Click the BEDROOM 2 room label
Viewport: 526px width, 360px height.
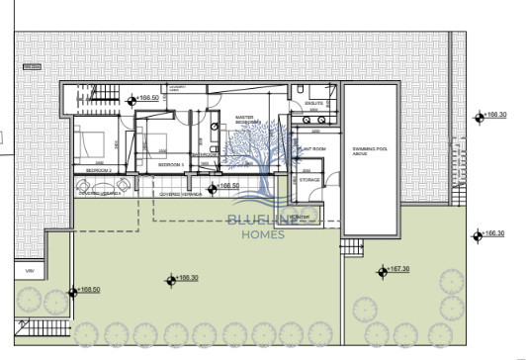pyautogui.click(x=99, y=171)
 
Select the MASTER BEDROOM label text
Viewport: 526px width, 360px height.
pyautogui.click(x=245, y=121)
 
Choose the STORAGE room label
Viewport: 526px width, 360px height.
pyautogui.click(x=309, y=180)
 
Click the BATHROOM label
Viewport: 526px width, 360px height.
pyautogui.click(x=206, y=155)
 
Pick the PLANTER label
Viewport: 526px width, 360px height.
pyautogui.click(x=300, y=216)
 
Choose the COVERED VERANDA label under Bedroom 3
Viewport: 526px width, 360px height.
pyautogui.click(x=180, y=196)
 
